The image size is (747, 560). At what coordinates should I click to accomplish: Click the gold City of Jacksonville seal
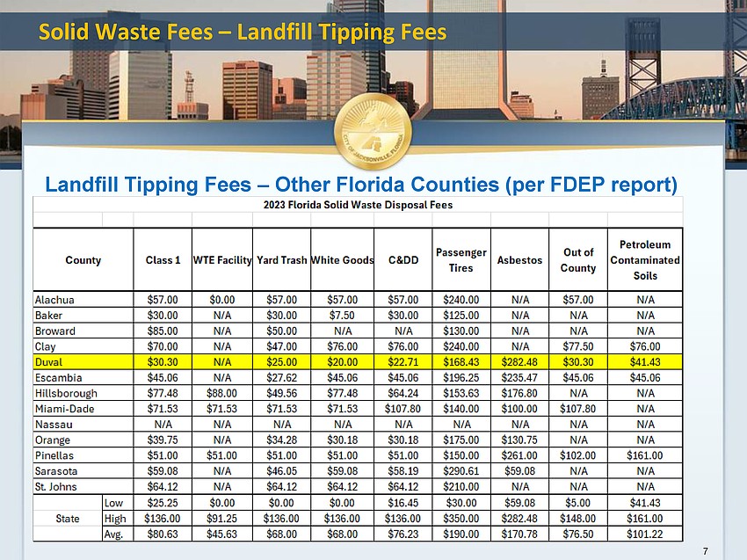[373, 132]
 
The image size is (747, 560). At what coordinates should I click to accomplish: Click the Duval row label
[48, 362]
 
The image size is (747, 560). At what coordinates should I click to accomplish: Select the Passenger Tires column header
[461, 260]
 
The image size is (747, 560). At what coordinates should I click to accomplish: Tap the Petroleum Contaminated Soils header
[645, 260]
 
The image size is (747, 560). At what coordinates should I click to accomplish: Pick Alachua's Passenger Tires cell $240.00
[461, 300]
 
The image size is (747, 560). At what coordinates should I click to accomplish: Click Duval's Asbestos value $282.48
[519, 362]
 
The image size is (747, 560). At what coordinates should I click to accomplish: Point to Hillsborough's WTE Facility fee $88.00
[221, 393]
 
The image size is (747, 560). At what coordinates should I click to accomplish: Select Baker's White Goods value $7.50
[342, 316]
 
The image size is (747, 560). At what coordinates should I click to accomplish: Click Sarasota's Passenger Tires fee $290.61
[461, 471]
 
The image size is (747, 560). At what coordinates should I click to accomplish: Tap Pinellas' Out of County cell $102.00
[578, 455]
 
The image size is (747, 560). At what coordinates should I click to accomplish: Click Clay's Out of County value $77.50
[578, 346]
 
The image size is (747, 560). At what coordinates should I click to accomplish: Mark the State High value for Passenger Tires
[461, 519]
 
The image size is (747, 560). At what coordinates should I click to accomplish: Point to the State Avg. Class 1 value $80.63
[163, 535]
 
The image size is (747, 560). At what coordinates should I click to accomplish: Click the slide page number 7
[706, 551]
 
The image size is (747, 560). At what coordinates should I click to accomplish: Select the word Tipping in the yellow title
[356, 33]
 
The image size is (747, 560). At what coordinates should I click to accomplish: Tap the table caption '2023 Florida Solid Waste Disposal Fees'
[358, 205]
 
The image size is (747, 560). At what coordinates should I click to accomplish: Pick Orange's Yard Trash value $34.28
[281, 440]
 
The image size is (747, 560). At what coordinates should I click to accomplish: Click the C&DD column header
[403, 260]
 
